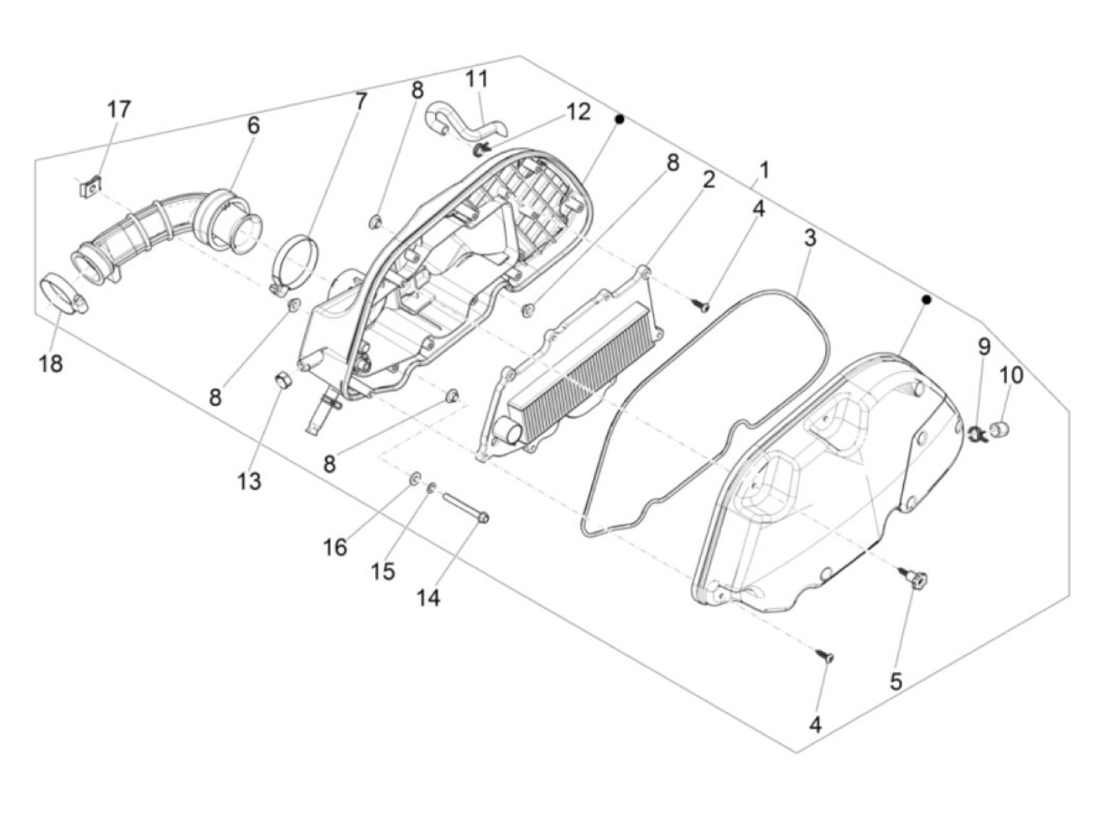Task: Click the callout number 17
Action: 119,109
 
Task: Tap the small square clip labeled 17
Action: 93,187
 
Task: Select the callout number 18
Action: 50,364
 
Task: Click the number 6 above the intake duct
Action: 253,125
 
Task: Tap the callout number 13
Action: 249,481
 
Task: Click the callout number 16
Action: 335,546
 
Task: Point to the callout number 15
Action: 383,572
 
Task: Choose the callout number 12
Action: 578,112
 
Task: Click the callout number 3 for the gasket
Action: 810,238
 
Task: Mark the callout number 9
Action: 984,346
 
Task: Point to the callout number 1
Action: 764,170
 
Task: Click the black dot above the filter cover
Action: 926,300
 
